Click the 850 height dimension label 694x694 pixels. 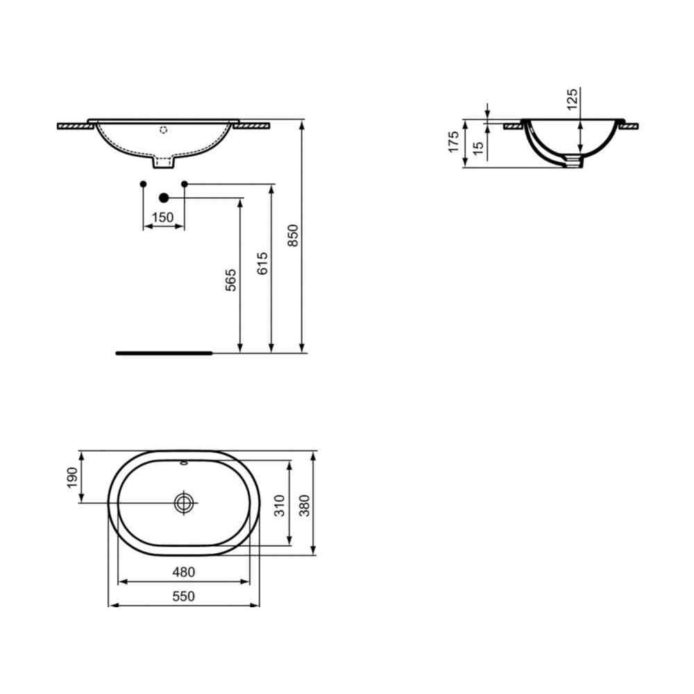(293, 235)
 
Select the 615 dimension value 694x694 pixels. (262, 263)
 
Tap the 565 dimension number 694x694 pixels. (230, 280)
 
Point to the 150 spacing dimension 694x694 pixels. (162, 217)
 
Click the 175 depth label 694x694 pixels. (454, 142)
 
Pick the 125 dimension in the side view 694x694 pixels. (573, 99)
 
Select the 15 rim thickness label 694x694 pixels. (478, 149)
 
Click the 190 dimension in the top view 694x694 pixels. (71, 478)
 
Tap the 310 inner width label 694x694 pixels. (280, 505)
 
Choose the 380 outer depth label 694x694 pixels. (305, 505)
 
